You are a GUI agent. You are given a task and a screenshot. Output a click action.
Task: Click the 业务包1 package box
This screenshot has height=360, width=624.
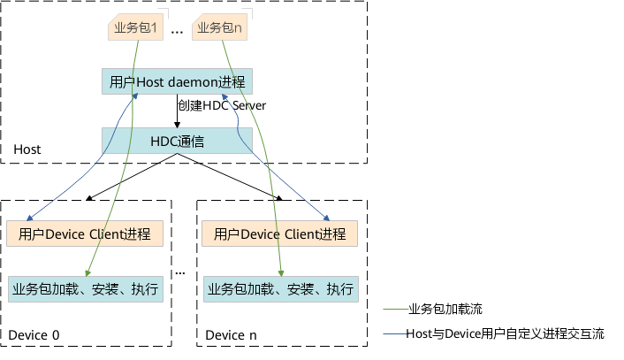coord(136,27)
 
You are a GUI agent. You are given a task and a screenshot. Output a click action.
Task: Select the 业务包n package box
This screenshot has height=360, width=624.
coord(220,27)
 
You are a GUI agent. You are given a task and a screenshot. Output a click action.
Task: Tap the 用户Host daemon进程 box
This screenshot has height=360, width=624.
coord(177,81)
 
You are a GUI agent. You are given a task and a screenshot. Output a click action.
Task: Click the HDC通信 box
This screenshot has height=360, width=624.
coord(177,141)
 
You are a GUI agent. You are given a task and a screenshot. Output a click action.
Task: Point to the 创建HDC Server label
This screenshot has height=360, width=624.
coord(222,105)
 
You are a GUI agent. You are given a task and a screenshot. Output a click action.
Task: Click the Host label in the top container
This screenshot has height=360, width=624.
coord(27,149)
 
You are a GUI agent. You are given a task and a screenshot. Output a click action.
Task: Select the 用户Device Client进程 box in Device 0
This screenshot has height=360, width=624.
coord(85,234)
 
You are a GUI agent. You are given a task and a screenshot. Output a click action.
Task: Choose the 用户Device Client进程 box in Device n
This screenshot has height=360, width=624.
coord(280,234)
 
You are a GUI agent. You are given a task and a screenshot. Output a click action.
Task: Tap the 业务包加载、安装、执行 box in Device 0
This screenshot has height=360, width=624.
coord(86,289)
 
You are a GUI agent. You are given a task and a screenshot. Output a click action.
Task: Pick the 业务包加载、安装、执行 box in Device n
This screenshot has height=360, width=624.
coord(281,289)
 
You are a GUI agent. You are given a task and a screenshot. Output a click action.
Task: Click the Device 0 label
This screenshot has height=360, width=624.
coord(34,335)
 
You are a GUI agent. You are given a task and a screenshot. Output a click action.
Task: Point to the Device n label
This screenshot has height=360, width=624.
coord(231,335)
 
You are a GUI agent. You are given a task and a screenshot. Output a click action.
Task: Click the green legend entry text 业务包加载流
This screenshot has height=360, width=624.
coord(445,309)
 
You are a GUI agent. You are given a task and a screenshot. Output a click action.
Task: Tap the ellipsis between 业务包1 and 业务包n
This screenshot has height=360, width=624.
coord(177,32)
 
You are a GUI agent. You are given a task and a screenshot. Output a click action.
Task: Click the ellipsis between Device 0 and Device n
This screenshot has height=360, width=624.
coord(180,273)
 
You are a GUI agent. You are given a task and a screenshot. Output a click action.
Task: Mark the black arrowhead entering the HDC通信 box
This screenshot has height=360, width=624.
coord(177,125)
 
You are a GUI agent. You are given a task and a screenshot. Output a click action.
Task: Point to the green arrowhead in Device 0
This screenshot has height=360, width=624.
coord(88,273)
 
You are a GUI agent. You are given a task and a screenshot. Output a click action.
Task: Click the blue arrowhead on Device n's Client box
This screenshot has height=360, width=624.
coord(327,218)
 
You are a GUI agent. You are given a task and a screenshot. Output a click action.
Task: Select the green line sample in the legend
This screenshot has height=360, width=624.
coord(396,309)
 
